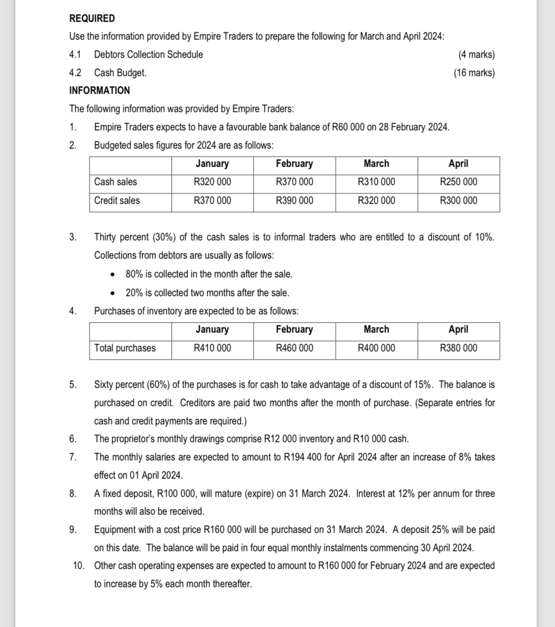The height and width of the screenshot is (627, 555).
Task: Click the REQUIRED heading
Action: point(92,18)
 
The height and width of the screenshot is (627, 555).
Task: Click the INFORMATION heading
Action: point(99,90)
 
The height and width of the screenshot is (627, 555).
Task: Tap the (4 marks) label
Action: point(476,54)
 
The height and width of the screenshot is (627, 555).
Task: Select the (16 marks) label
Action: point(474,73)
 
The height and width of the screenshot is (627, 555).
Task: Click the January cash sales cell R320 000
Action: point(212,182)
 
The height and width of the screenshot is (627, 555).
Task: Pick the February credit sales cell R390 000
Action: point(294,200)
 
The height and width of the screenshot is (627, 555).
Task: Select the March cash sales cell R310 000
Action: point(376,182)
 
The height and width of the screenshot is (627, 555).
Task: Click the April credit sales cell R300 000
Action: point(458,200)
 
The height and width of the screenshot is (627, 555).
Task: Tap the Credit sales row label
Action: point(117,200)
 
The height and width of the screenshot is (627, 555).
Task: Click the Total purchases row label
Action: point(125,348)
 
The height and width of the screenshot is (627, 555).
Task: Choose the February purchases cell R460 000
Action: point(294,348)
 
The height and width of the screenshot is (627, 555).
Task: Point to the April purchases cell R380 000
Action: point(458,348)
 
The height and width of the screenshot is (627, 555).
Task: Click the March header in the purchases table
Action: point(376,329)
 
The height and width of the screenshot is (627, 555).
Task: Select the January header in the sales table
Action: point(212,163)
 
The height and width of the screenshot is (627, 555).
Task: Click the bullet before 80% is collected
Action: point(113,274)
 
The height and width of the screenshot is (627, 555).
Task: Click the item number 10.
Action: point(78,565)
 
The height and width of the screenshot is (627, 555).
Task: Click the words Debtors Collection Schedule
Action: point(148,54)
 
